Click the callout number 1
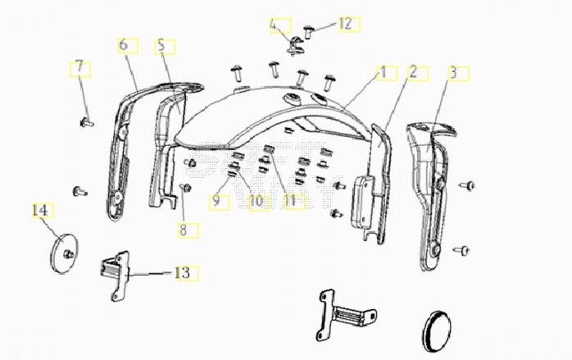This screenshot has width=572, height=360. click(x=383, y=72)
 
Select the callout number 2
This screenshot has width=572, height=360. click(x=413, y=72)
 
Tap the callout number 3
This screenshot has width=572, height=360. click(x=453, y=73)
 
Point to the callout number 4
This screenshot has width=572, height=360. click(x=274, y=25)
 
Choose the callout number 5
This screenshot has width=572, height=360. click(x=161, y=47)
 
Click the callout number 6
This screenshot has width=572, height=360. click(x=123, y=45)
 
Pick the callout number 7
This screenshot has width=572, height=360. click(x=79, y=67)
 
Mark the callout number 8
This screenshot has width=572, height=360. click(x=183, y=230)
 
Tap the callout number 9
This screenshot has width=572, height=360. click(x=216, y=201)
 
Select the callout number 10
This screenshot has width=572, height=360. click(x=256, y=201)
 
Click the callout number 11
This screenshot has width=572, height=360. click(x=290, y=200)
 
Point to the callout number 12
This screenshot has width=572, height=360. click(x=345, y=24)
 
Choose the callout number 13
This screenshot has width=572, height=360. click(x=183, y=273)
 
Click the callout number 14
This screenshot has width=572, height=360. click(x=40, y=210)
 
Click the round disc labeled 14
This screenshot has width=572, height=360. click(x=63, y=253)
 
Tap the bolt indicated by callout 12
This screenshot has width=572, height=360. click(x=309, y=32)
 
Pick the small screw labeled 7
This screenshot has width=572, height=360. click(x=87, y=122)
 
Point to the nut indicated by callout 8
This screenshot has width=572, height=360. click(x=186, y=188)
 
